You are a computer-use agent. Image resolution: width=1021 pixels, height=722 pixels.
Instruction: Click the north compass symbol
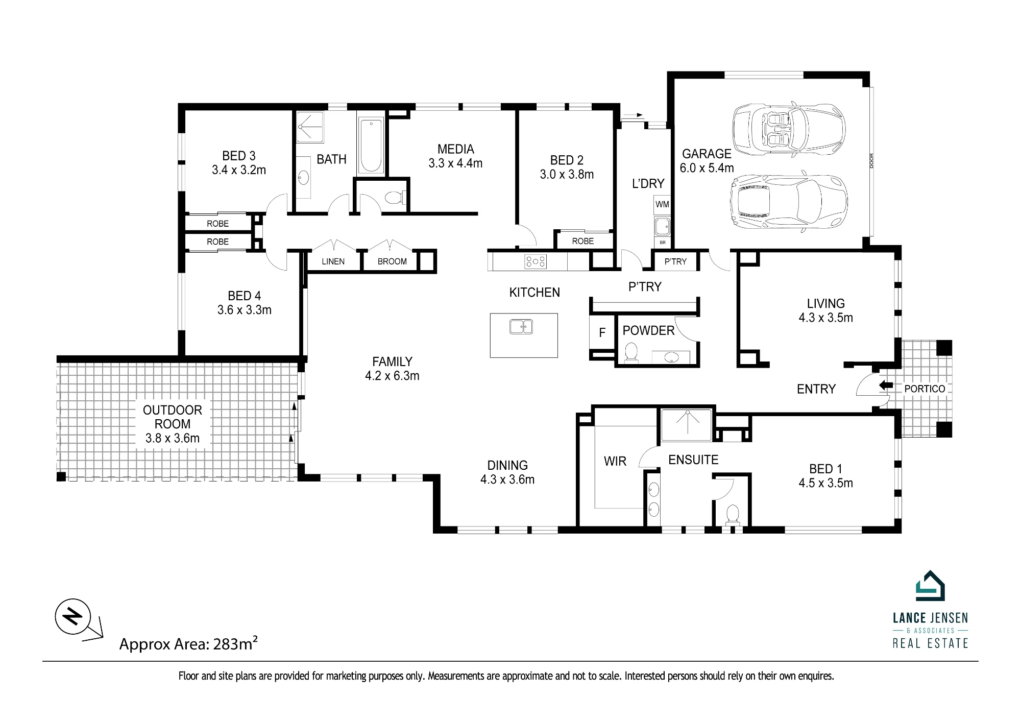pyautogui.click(x=73, y=617)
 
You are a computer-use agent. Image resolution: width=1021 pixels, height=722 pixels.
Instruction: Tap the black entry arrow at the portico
pyautogui.click(x=886, y=386)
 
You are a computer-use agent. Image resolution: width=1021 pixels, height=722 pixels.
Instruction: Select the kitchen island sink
pyautogui.click(x=521, y=326)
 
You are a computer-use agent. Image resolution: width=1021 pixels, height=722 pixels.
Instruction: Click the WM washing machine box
pyautogui.click(x=662, y=205)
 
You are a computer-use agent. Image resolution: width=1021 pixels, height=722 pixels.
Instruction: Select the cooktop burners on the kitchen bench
pyautogui.click(x=536, y=261)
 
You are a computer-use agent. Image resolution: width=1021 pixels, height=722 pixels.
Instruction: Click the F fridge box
pyautogui.click(x=602, y=333)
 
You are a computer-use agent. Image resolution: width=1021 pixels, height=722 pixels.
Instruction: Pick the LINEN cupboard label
pyautogui.click(x=333, y=261)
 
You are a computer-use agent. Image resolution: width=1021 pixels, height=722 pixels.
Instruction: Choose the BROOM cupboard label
pyautogui.click(x=392, y=261)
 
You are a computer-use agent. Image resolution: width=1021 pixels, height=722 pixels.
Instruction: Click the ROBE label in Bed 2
pyautogui.click(x=583, y=241)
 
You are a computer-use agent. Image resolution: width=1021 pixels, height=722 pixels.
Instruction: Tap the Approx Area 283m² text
pyautogui.click(x=188, y=643)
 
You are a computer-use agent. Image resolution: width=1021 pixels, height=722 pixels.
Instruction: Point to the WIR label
pyautogui.click(x=615, y=461)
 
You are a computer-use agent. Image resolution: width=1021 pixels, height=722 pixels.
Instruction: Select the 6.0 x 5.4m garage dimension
pyautogui.click(x=707, y=168)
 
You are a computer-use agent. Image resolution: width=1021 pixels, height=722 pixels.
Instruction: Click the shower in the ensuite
pyautogui.click(x=686, y=425)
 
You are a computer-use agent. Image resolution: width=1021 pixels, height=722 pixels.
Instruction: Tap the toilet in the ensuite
pyautogui.click(x=733, y=515)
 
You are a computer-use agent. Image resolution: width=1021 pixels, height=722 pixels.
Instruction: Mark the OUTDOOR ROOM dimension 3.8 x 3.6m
pyautogui.click(x=173, y=438)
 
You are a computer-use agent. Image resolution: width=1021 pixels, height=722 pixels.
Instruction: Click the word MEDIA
pyautogui.click(x=456, y=149)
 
